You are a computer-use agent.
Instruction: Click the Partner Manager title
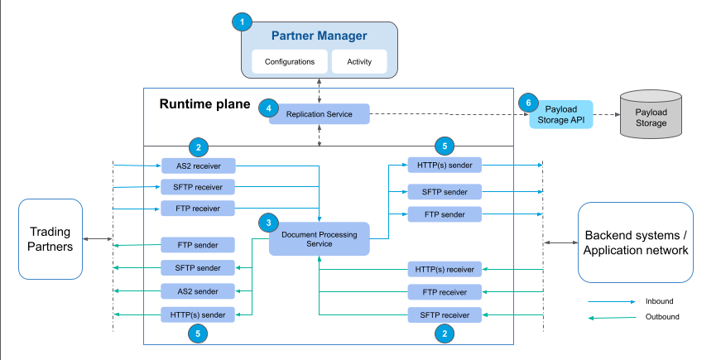point(319,37)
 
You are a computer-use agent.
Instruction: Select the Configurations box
point(289,61)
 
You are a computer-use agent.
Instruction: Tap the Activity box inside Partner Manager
point(359,61)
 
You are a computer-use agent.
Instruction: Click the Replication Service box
point(319,113)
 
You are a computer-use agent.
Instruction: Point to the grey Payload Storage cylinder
point(651,116)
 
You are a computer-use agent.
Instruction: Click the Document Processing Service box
point(319,239)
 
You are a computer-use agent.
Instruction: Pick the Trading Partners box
point(51,238)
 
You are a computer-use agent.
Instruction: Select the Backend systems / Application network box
point(636,242)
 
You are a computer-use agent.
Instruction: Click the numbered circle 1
point(242,22)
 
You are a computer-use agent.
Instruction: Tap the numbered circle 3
point(267,223)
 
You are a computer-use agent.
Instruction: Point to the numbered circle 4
point(267,108)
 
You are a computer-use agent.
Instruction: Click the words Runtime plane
point(201,105)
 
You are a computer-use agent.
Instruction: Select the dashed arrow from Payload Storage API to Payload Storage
point(606,115)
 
